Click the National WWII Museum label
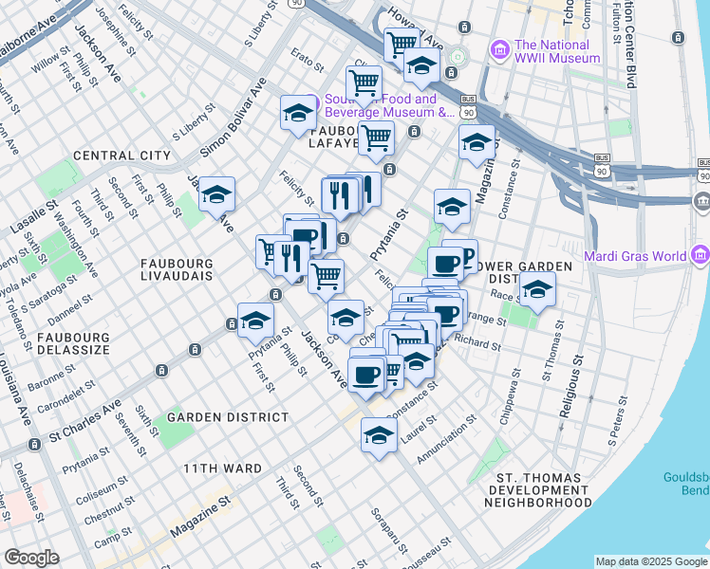tap(556, 51)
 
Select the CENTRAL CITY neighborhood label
tap(121, 156)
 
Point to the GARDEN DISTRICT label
tap(228, 417)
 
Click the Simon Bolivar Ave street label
tap(233, 124)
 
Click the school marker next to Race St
tap(537, 290)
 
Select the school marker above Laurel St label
tap(379, 435)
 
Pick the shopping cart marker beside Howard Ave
tap(402, 43)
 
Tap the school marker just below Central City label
tap(217, 194)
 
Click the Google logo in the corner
tap(31, 558)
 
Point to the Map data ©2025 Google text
tap(651, 560)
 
